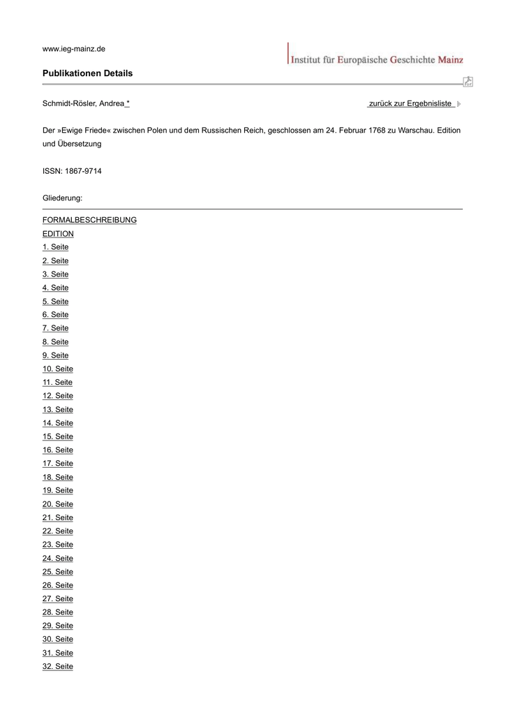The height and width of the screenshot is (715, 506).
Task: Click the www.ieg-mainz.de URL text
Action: pyautogui.click(x=74, y=49)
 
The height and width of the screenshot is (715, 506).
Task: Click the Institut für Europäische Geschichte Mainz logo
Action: pyautogui.click(x=375, y=56)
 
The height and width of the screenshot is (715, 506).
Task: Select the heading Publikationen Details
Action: pyautogui.click(x=87, y=73)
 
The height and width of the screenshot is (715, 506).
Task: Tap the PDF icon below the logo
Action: pyautogui.click(x=468, y=82)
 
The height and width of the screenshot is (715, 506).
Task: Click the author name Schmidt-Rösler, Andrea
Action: pyautogui.click(x=84, y=104)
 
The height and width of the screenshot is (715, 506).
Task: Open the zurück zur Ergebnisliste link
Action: pyautogui.click(x=410, y=104)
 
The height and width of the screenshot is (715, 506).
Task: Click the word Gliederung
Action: pyautogui.click(x=62, y=198)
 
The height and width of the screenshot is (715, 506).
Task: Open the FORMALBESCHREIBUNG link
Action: pyautogui.click(x=89, y=220)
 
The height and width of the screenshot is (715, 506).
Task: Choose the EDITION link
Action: pyautogui.click(x=58, y=234)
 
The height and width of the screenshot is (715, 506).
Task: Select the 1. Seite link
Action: pyautogui.click(x=55, y=247)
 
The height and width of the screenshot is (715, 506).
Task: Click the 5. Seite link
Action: pyautogui.click(x=55, y=302)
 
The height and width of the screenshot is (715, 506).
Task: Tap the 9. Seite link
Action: pyautogui.click(x=55, y=355)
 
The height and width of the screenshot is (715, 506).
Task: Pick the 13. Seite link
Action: pyautogui.click(x=57, y=410)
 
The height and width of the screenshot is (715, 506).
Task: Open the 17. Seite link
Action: pyautogui.click(x=57, y=464)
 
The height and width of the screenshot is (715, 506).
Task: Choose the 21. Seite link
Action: pyautogui.click(x=57, y=518)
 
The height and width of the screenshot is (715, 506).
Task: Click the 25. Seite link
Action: pyautogui.click(x=57, y=572)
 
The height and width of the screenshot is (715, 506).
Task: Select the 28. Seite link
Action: pyautogui.click(x=57, y=612)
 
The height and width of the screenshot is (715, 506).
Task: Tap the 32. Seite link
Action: pyautogui.click(x=57, y=667)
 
